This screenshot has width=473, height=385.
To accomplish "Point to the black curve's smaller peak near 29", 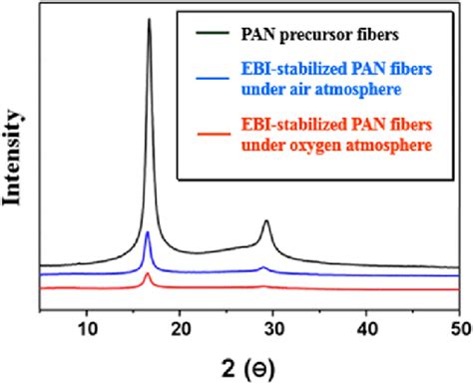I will click(266, 221).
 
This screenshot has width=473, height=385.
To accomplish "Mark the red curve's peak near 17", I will click(148, 273).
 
